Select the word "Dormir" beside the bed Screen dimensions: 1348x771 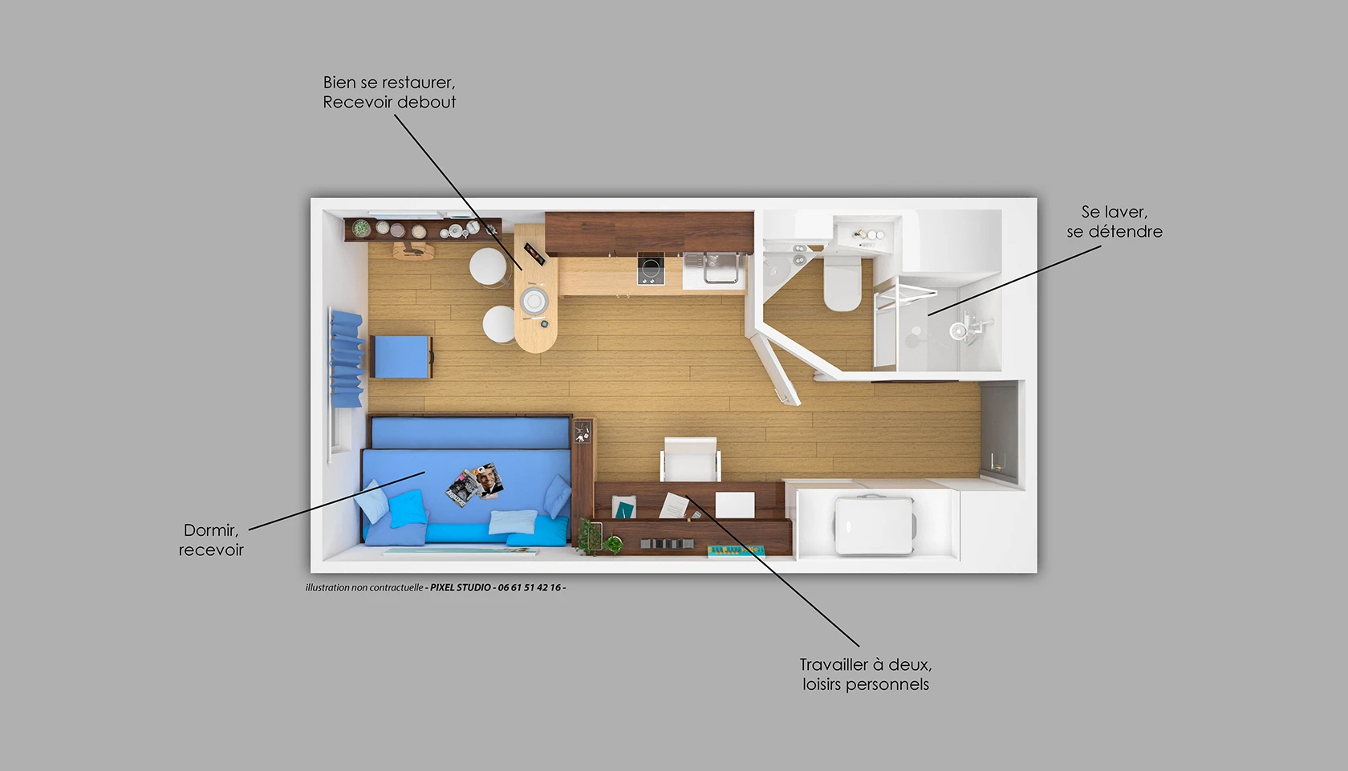click(211, 530)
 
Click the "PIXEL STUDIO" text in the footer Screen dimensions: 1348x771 click(461, 587)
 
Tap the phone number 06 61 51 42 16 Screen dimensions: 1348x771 click(529, 587)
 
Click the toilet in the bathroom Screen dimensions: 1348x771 click(842, 282)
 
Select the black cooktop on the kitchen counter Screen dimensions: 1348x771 click(651, 269)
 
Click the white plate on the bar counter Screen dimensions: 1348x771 click(534, 300)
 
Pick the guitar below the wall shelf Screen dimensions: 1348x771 click(413, 251)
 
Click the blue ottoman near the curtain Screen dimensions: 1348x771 click(402, 357)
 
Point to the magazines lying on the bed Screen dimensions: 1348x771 click(475, 485)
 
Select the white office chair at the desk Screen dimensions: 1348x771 click(691, 459)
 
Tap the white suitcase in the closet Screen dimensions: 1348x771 click(874, 525)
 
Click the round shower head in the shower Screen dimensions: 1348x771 click(958, 331)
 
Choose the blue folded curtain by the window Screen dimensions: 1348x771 click(347, 359)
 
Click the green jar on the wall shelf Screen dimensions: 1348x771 click(361, 229)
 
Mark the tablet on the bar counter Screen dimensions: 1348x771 click(534, 254)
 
